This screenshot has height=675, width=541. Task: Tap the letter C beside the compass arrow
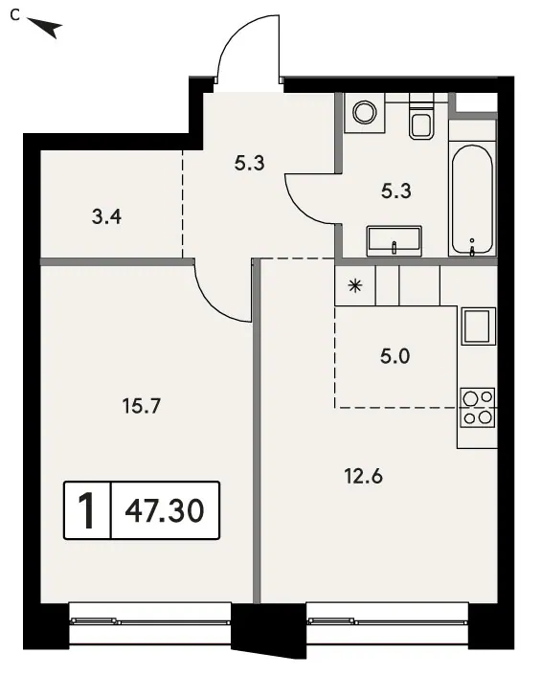click(x=15, y=15)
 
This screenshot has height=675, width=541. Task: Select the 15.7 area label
click(x=142, y=406)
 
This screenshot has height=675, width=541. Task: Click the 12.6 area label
click(x=364, y=477)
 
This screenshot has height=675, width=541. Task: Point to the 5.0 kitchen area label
click(x=395, y=356)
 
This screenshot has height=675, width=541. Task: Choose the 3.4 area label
click(x=106, y=216)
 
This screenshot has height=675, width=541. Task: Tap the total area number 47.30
click(x=165, y=510)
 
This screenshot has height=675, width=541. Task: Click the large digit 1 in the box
click(x=87, y=510)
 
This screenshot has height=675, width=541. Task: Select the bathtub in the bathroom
click(x=472, y=200)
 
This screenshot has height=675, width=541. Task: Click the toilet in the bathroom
click(x=421, y=117)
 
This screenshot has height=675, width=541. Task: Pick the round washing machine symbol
click(x=365, y=112)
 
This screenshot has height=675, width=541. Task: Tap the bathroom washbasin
click(x=394, y=241)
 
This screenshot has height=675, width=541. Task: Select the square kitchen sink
click(x=478, y=326)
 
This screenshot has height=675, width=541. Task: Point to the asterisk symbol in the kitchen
click(x=355, y=286)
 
